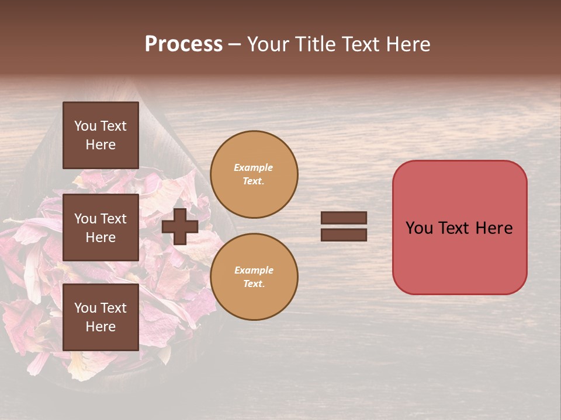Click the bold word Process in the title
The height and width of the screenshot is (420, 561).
tap(183, 44)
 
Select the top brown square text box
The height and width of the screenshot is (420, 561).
tap(101, 135)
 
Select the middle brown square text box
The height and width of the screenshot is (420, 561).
tap(101, 228)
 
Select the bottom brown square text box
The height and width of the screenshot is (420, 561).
tap(101, 317)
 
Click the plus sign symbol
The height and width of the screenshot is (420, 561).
tap(179, 226)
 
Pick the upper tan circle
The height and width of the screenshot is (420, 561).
tap(254, 174)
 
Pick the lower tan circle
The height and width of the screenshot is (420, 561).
tap(254, 276)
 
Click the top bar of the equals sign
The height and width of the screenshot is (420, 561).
tap(344, 218)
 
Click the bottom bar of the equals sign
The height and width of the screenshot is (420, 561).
tap(344, 235)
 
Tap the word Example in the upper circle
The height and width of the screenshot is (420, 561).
tap(254, 167)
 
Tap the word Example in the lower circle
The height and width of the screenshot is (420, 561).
tap(254, 270)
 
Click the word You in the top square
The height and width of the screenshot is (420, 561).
tap(85, 126)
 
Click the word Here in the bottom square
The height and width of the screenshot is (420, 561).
tap(101, 327)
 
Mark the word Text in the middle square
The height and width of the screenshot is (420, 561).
tap(113, 219)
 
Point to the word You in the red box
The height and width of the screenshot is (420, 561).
tap(419, 228)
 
